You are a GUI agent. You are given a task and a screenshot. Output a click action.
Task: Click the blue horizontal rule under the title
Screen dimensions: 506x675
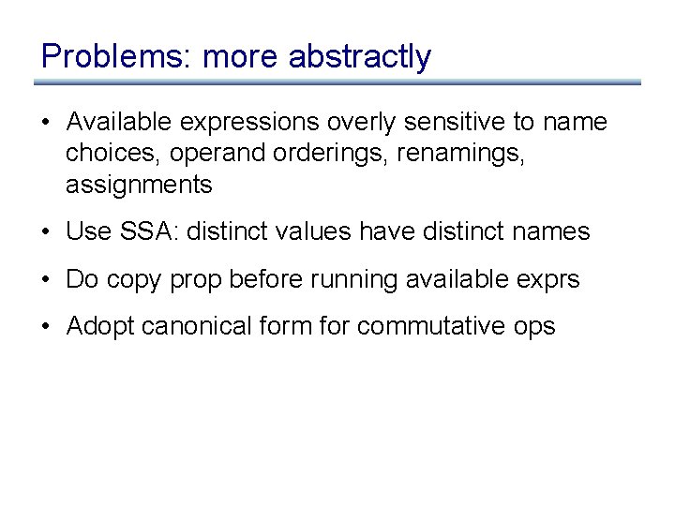tap(337, 82)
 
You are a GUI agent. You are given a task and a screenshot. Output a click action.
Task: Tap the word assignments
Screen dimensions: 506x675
tap(139, 186)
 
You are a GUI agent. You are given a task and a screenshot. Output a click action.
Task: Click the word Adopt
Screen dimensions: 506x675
tap(97, 326)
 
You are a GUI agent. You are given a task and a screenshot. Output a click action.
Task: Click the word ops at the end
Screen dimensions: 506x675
tap(535, 327)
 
